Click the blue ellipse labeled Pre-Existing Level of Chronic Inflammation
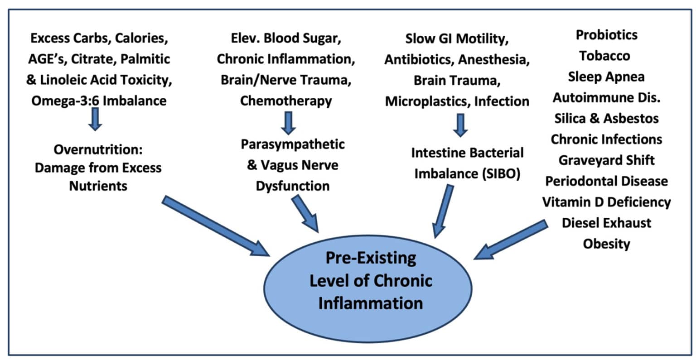370,281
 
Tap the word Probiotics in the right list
606,35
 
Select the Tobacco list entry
604,56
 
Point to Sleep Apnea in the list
606,77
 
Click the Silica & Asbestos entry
606,118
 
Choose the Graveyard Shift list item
606,160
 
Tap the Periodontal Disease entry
606,181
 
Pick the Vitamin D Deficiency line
606,202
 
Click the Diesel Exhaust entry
606,222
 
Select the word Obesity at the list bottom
606,244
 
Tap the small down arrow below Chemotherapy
288,122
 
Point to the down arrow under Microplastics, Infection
460,125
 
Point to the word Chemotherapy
285,101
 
